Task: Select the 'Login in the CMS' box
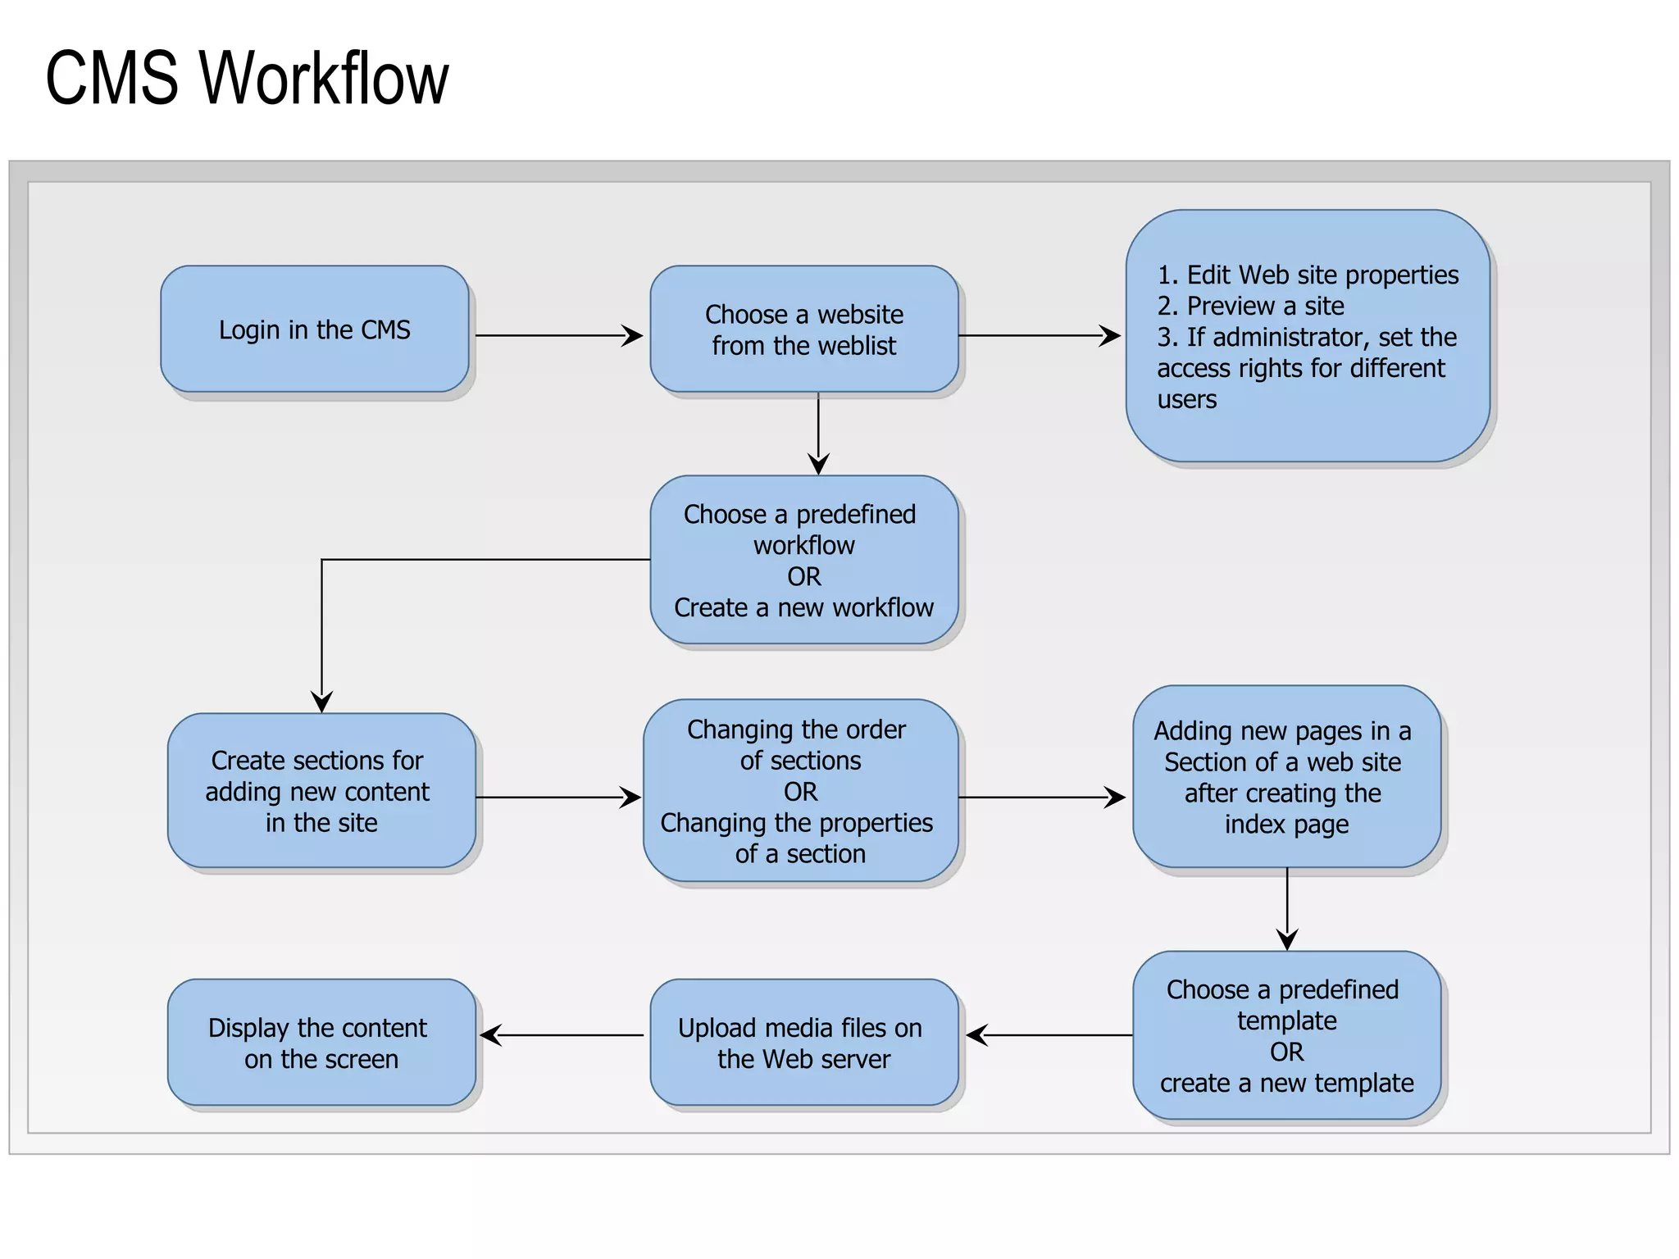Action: click(x=315, y=329)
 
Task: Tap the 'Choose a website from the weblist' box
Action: click(x=803, y=329)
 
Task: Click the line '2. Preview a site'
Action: click(x=1250, y=306)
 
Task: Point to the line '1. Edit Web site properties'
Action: click(x=1308, y=275)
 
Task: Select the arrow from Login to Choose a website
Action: click(x=557, y=335)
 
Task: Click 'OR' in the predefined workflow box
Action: click(x=803, y=576)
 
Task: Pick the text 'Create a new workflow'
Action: click(x=803, y=607)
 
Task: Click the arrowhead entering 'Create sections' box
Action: click(x=321, y=702)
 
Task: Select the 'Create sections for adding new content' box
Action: click(x=321, y=790)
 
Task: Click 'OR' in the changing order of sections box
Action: click(x=800, y=792)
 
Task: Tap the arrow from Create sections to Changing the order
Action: click(x=557, y=797)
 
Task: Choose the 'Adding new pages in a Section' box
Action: click(x=1285, y=776)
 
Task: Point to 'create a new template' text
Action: click(x=1286, y=1083)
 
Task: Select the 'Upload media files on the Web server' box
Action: click(x=803, y=1042)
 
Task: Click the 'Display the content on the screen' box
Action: click(x=321, y=1042)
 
